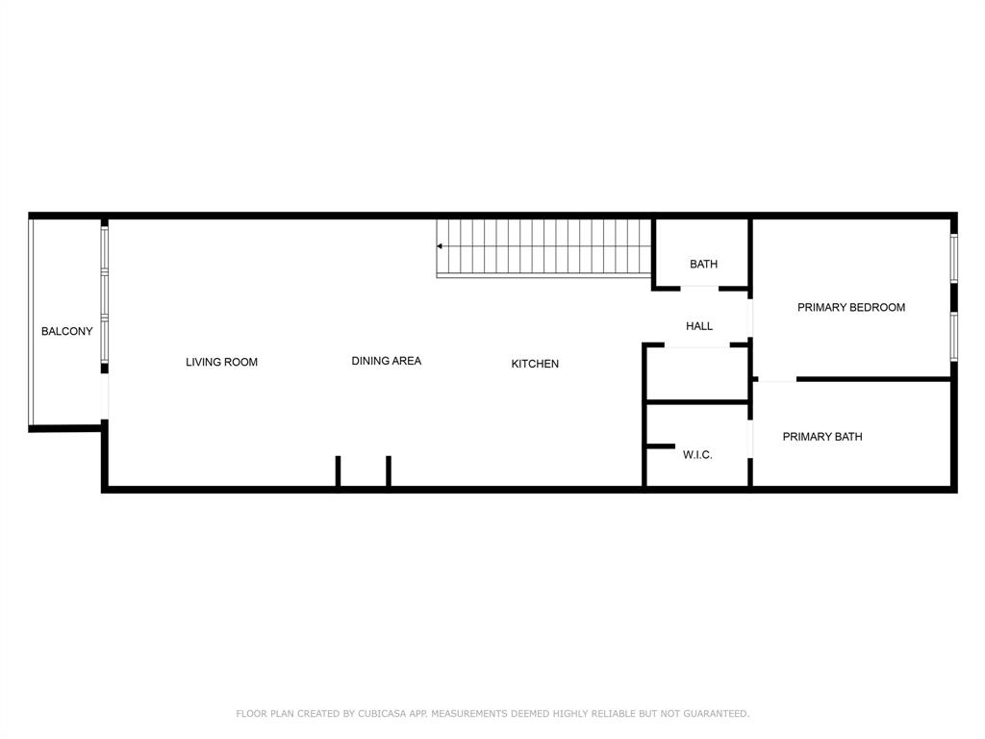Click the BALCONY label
pos(67,332)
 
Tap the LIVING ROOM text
pos(221,363)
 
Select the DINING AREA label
pos(386,362)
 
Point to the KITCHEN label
pos(535,364)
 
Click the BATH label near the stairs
pos(703,265)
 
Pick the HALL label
pos(699,327)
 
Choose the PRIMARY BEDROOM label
pos(851,308)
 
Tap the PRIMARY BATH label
pos(822,437)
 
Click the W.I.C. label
pos(697,455)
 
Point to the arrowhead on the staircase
pos(441,246)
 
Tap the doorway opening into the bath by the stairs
pos(700,288)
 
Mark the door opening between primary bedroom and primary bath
pos(777,380)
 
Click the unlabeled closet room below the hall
pos(696,373)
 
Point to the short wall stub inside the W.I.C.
pos(660,446)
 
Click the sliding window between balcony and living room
pos(105,293)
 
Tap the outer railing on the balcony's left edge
pos(31,322)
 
